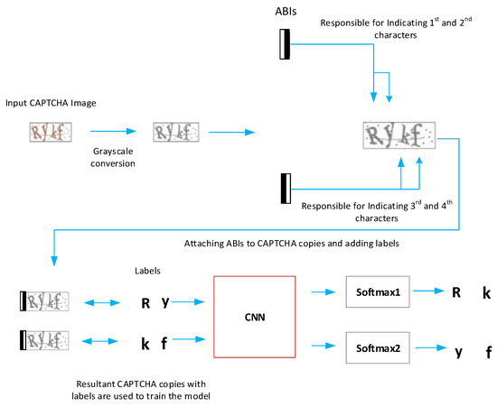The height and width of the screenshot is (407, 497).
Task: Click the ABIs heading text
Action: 287,12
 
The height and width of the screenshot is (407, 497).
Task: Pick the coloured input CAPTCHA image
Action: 48,134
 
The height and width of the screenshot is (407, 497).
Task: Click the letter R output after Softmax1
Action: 456,293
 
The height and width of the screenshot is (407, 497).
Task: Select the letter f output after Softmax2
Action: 488,353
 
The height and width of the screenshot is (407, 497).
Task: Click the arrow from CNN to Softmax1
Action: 323,293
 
